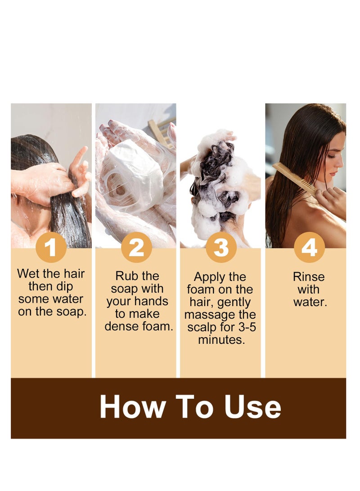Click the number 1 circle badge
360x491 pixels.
[x=51, y=248]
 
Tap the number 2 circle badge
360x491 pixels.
[x=136, y=248]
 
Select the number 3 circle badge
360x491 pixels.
[x=221, y=248]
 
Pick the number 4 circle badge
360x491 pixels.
[x=309, y=248]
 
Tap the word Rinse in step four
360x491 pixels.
[x=309, y=277]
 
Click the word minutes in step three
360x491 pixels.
[x=221, y=340]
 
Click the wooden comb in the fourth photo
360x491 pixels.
[x=292, y=177]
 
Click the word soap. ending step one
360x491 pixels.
[x=72, y=311]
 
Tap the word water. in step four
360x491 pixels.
[x=310, y=302]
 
